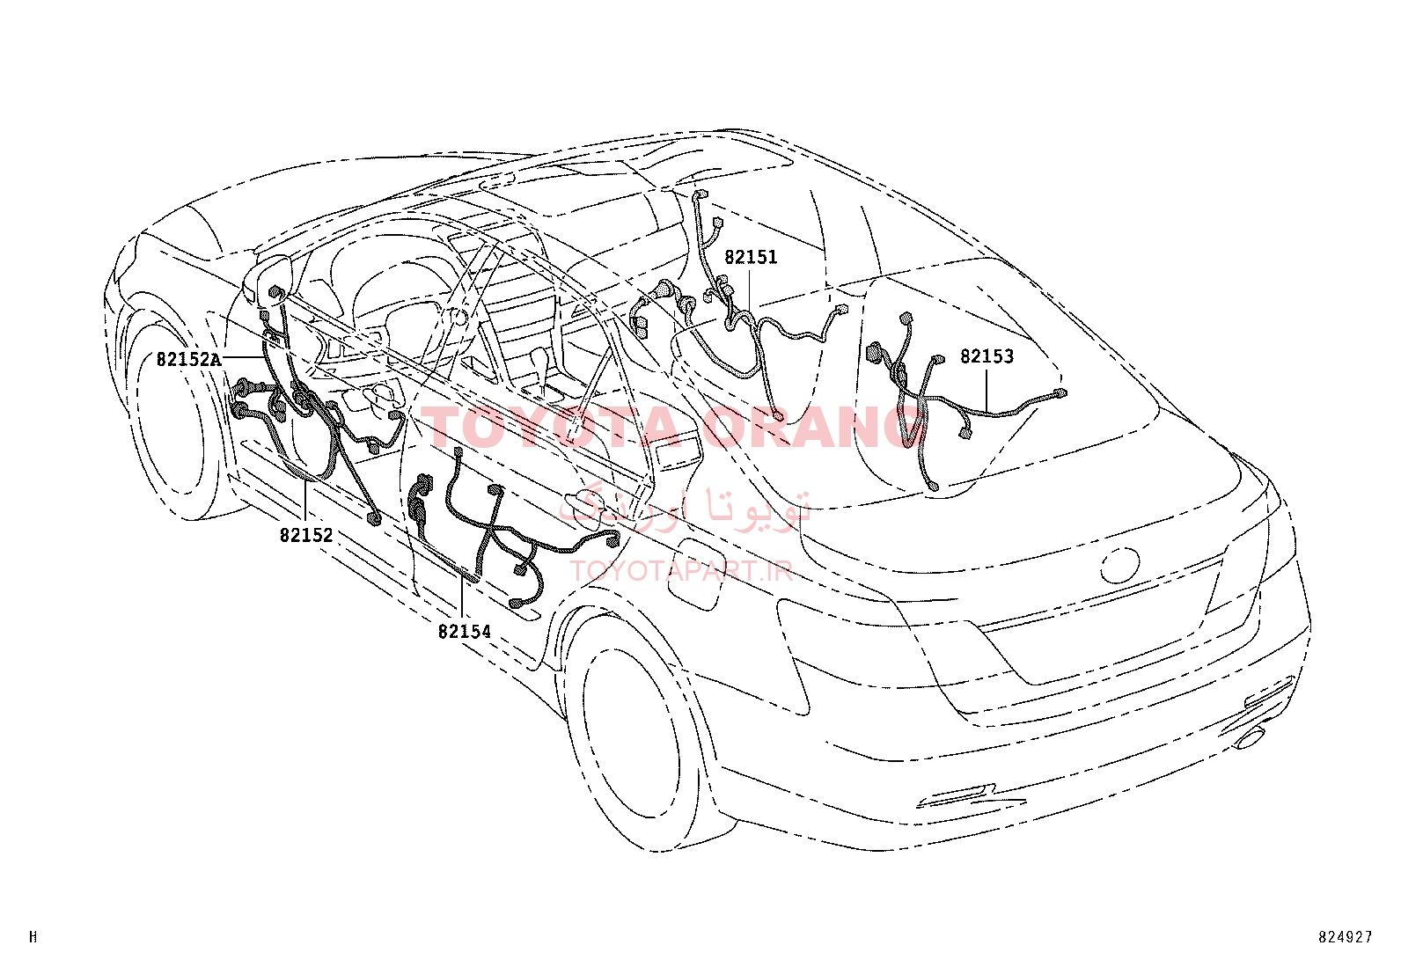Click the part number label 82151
pos(751,257)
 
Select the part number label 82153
pos(987,355)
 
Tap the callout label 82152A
pos(189,359)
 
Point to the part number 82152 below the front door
pos(306,536)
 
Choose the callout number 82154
pos(464,632)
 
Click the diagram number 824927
pos(1346,937)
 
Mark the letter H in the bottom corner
pos(33,937)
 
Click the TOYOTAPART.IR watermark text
pos(681,570)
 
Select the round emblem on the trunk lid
pos(1120,565)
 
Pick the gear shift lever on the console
pos(539,369)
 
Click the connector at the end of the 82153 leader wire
pos(1060,393)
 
